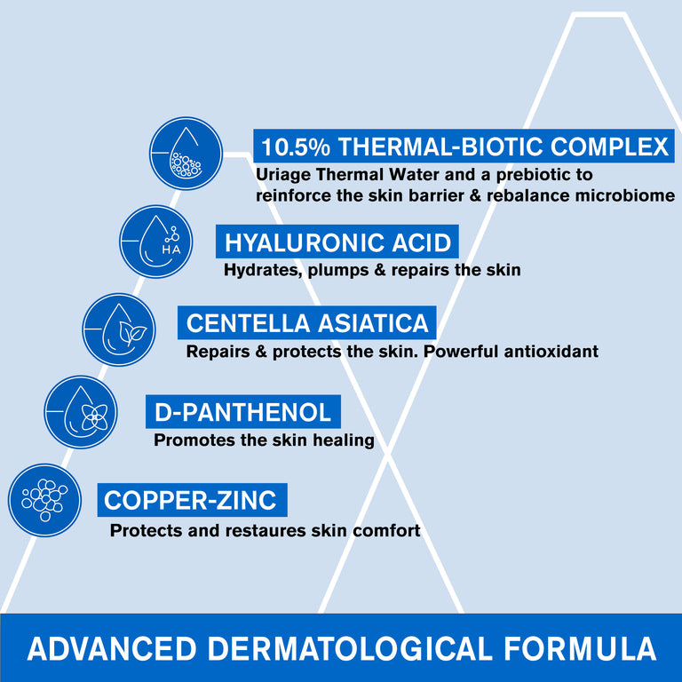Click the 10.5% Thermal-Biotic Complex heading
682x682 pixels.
point(463,146)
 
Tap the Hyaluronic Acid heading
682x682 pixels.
point(337,242)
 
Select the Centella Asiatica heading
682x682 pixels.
point(307,321)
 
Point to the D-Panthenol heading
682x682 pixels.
point(242,411)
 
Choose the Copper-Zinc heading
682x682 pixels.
point(190,500)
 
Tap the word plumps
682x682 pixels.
point(336,269)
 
